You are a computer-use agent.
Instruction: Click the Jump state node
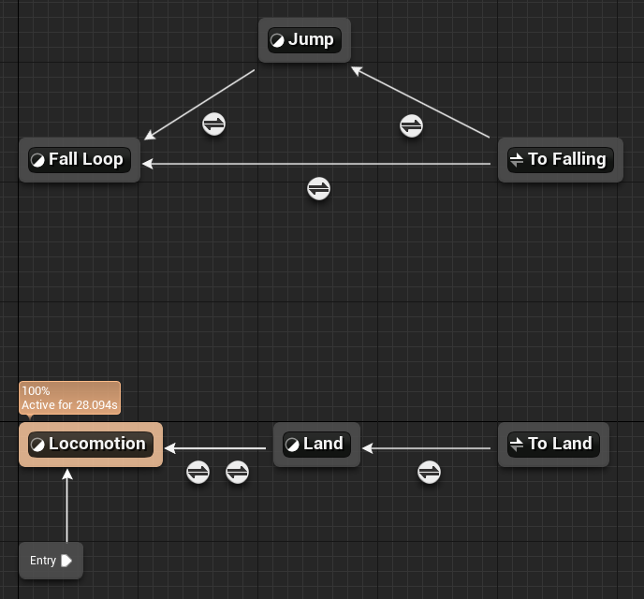pos(304,40)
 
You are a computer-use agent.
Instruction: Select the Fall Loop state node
pos(80,160)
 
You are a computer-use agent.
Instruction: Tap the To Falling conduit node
pos(560,160)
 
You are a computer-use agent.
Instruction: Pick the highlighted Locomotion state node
pos(91,445)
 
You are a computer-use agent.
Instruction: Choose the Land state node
pos(316,445)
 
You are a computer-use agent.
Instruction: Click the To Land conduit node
pos(553,445)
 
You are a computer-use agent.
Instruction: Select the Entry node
pos(51,561)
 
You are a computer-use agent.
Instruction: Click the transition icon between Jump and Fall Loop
pos(214,124)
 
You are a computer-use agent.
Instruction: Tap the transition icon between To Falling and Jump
pos(411,125)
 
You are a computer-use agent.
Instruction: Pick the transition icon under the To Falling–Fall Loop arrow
pos(318,189)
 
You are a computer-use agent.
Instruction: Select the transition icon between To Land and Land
pos(430,472)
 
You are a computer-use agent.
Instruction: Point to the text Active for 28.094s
pos(69,405)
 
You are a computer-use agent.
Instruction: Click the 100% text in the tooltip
pos(36,390)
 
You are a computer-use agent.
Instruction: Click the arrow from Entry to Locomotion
pos(67,505)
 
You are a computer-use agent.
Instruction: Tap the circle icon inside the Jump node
pos(277,40)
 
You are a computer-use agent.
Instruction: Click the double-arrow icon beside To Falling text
pos(517,160)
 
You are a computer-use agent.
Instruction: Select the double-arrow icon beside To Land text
pos(517,445)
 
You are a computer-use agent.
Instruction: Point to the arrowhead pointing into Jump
pos(357,71)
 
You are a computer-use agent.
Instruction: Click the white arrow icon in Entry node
pos(66,561)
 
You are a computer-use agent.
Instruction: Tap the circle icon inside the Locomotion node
pos(37,445)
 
